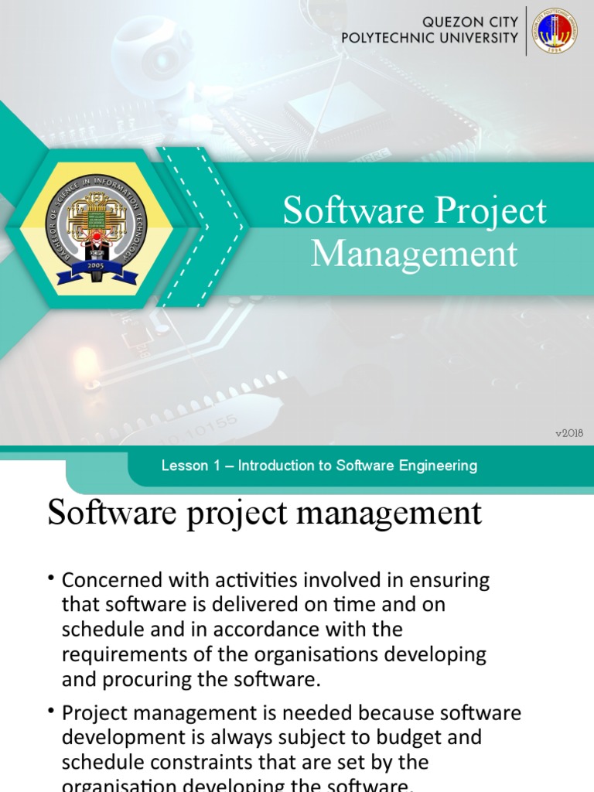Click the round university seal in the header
point(554,31)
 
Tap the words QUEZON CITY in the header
point(470,22)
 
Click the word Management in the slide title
point(414,254)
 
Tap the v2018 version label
point(569,433)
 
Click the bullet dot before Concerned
point(52,579)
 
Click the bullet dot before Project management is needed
point(52,711)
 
